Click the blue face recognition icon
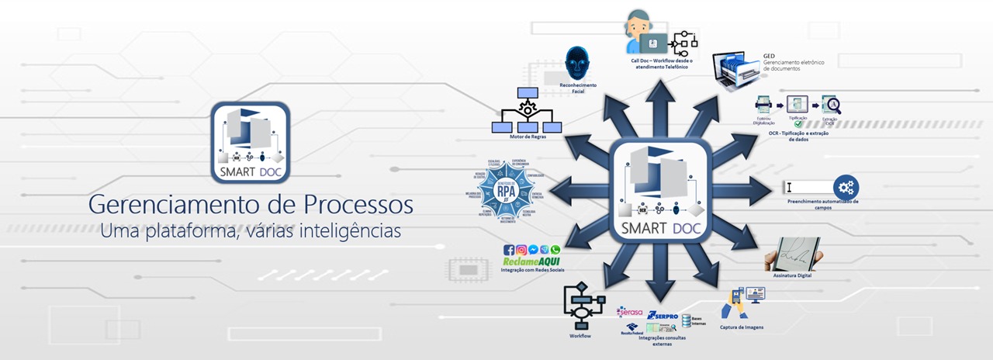coord(576,64)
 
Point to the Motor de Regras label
coord(525,137)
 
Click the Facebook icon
coord(509,250)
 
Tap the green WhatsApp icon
coord(555,250)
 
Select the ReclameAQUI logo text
coord(531,262)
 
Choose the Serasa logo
coord(630,312)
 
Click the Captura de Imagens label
coord(742,327)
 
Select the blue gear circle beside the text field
coord(846,187)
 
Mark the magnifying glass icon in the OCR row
coord(832,106)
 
